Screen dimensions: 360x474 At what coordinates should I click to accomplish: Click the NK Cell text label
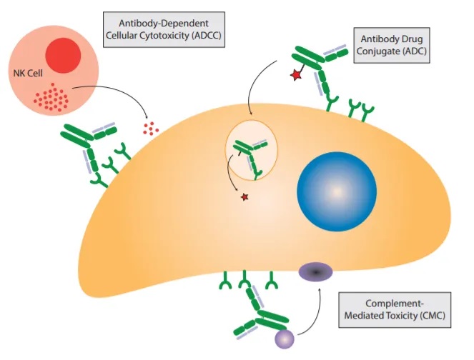(x=26, y=73)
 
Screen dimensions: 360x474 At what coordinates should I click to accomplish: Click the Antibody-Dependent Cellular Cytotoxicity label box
(x=163, y=30)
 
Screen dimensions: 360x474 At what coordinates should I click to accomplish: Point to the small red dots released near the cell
(x=149, y=128)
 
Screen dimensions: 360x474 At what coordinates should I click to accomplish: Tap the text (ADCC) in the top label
(x=202, y=37)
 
